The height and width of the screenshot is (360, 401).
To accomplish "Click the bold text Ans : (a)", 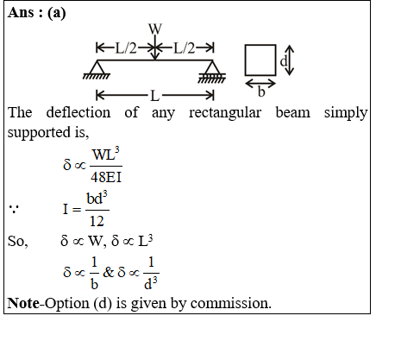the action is coord(37,13).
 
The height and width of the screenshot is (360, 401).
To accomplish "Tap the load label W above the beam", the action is coord(155,28).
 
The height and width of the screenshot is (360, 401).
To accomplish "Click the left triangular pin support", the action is coord(97,69).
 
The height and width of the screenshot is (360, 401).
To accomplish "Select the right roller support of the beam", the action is coord(212,72).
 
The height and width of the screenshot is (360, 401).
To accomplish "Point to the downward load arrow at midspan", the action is coord(155,47).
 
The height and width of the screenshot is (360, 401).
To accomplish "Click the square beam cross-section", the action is coord(260,60).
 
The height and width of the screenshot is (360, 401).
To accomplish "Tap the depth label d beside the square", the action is coord(284,61).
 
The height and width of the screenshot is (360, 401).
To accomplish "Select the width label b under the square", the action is coord(261,92).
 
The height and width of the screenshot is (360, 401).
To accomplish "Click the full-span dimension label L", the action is coord(154,96).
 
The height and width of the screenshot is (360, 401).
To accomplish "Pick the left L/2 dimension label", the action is coord(126,48).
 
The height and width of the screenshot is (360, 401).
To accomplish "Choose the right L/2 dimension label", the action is coord(184,48).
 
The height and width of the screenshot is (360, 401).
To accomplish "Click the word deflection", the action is coord(78,112).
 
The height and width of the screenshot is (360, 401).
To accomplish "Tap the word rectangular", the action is coord(225,113).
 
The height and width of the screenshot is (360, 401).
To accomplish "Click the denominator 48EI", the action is coord(106,177).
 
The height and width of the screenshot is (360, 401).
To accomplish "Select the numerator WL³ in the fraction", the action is coord(106,154).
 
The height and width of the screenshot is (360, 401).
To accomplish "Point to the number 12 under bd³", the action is coord(97,221).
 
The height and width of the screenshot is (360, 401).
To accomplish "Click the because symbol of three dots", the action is coord(14,209).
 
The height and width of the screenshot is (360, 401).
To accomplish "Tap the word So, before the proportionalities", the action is coord(18,241).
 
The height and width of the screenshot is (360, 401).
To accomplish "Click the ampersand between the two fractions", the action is coord(109,272).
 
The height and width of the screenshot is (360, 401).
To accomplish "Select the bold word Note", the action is coord(23,303).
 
